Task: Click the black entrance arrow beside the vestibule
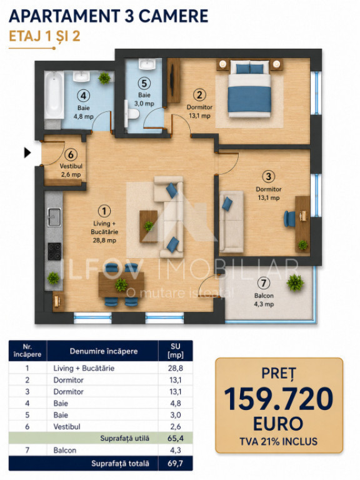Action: pyautogui.click(x=27, y=152)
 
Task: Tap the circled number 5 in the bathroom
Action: pyautogui.click(x=144, y=83)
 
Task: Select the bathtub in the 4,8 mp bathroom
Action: pyautogui.click(x=54, y=94)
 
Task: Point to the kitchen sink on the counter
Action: pyautogui.click(x=54, y=217)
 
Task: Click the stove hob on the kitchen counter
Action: pyautogui.click(x=54, y=251)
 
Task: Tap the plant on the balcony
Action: pyautogui.click(x=295, y=282)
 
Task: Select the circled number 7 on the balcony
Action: pyautogui.click(x=264, y=283)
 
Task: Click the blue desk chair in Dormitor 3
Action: pyautogui.click(x=289, y=219)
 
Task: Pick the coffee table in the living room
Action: pyautogui.click(x=149, y=226)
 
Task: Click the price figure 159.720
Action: pyautogui.click(x=279, y=399)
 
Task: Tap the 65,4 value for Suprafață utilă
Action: pyautogui.click(x=176, y=438)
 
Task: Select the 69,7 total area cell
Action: pyautogui.click(x=175, y=463)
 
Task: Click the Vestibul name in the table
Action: pyautogui.click(x=67, y=426)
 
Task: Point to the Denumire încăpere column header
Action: pyautogui.click(x=104, y=351)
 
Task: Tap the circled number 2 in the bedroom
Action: pyautogui.click(x=199, y=95)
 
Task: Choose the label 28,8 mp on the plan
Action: pyautogui.click(x=104, y=240)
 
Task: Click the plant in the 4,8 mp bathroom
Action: pyautogui.click(x=104, y=77)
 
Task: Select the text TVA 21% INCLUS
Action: pyautogui.click(x=279, y=441)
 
